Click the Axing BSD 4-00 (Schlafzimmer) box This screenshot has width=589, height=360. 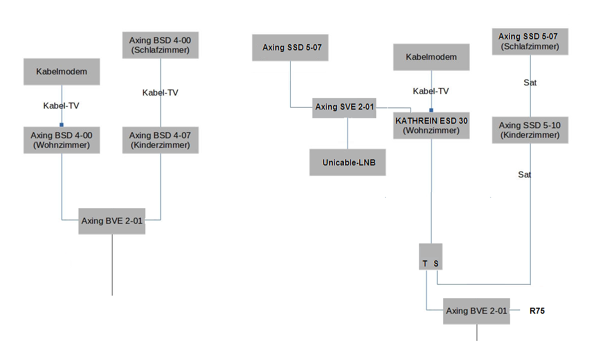[160, 45]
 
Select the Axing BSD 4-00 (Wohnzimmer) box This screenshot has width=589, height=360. [61, 140]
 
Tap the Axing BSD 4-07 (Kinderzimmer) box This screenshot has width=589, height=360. [160, 140]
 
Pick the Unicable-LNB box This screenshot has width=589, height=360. [348, 162]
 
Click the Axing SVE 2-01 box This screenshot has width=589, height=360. [344, 107]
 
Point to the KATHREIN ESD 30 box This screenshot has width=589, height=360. [432, 126]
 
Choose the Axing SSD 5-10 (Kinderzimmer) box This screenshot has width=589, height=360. [530, 130]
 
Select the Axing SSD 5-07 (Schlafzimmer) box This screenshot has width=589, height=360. [530, 41]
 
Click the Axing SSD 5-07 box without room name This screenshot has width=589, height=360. [290, 48]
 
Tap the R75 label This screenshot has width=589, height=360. [537, 311]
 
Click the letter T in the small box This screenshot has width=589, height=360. [425, 263]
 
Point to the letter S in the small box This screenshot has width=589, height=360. [436, 263]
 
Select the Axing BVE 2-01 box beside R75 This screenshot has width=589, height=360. [476, 311]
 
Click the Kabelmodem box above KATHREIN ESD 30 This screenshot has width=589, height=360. [432, 57]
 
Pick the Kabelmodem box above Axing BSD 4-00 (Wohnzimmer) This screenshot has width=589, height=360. [61, 71]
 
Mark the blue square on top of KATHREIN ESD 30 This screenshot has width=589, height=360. [431, 110]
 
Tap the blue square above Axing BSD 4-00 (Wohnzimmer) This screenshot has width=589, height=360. [61, 125]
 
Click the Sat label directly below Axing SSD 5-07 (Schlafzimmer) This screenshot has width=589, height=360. [530, 83]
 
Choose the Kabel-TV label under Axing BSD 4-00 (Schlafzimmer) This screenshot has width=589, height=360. [160, 93]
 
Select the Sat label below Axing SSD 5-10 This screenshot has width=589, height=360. [525, 174]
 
